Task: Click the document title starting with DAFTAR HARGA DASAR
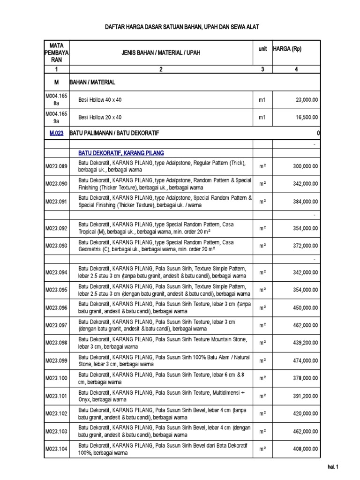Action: coord(181,28)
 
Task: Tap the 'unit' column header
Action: coord(262,49)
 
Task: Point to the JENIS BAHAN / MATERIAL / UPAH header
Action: coord(161,53)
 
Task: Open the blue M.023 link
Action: coord(57,134)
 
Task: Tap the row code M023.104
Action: coord(56,449)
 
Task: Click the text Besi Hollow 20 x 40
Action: coord(100,117)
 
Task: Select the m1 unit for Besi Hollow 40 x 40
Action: coord(262,100)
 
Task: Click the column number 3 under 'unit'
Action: coord(262,69)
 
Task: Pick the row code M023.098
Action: coord(56,343)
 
